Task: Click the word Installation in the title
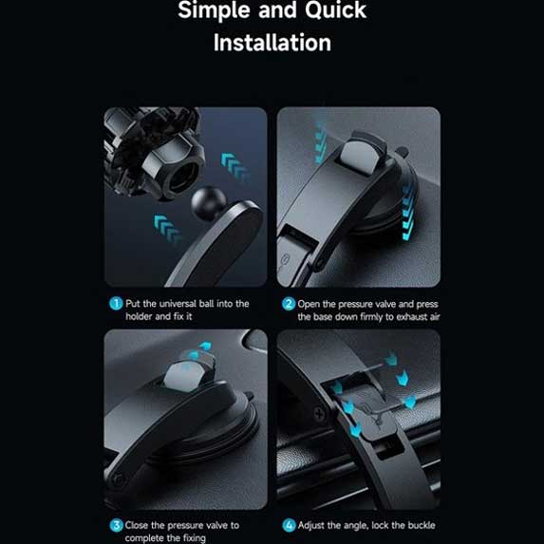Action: pos(272,43)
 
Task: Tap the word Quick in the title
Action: pos(335,10)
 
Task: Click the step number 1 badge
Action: pos(116,304)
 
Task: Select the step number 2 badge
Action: pos(289,304)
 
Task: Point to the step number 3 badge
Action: pos(116,525)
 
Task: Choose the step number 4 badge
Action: pos(289,525)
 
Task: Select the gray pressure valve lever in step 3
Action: pos(185,376)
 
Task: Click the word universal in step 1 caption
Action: pos(178,304)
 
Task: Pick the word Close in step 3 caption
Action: pos(137,525)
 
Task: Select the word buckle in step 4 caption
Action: pos(422,525)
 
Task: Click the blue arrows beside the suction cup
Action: pos(408,212)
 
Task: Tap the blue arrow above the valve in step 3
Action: pos(205,346)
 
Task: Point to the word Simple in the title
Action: pos(214,10)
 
